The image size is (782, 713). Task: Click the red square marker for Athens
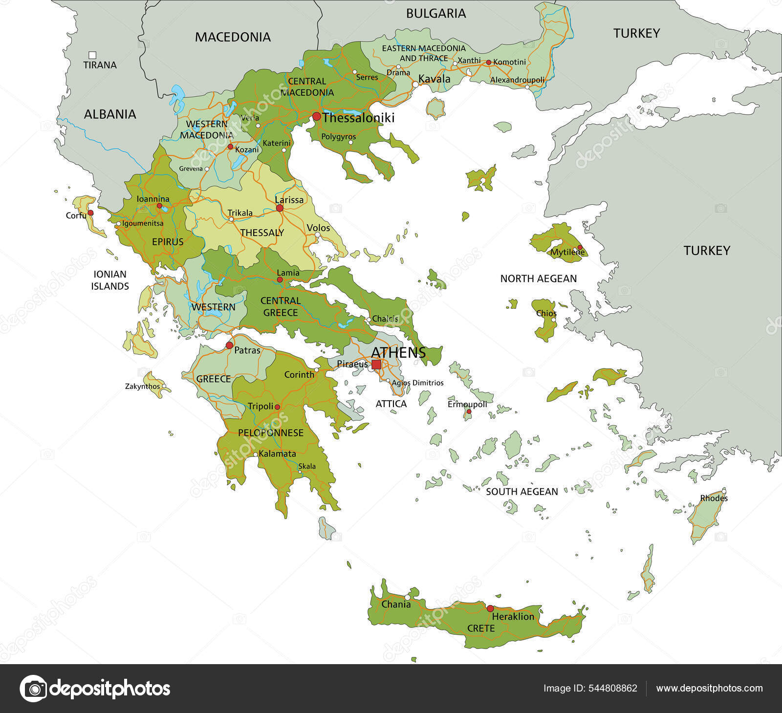point(376,365)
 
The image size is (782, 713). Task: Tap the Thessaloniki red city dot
point(317,116)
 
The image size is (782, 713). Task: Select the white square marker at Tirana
point(92,55)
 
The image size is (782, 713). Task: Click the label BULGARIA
point(436,14)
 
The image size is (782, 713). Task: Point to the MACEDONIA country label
point(233,37)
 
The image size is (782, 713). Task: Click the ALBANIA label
point(110,114)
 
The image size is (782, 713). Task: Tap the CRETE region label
point(481,628)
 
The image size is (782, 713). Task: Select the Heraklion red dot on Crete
point(490,608)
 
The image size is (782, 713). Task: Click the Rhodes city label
point(714,498)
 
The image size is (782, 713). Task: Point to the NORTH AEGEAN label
point(538,279)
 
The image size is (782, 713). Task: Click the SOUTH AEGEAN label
point(521,492)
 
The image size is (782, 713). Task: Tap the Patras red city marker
point(229,346)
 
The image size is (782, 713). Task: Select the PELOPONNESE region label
point(270,433)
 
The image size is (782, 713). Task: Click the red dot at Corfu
point(90,213)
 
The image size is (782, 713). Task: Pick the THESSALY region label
point(262,233)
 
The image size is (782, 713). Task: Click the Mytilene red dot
point(580,247)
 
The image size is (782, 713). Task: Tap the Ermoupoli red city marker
point(468,412)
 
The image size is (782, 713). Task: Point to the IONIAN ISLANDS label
point(110,280)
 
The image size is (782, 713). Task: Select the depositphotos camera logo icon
point(33,689)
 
